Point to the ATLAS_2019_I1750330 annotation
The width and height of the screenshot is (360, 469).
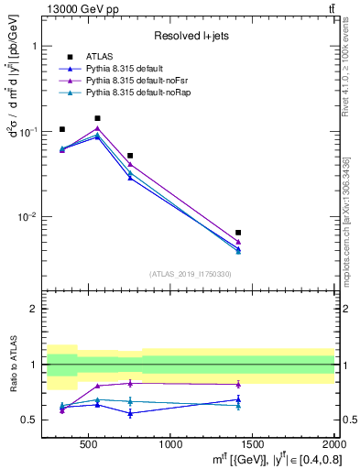click(x=191, y=274)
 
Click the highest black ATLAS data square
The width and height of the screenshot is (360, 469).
click(x=98, y=118)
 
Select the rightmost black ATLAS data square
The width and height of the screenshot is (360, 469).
click(x=238, y=233)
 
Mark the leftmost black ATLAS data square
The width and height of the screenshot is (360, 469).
click(x=62, y=129)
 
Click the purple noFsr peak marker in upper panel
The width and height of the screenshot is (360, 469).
click(x=98, y=128)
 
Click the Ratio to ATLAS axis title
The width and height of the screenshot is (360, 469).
click(x=13, y=364)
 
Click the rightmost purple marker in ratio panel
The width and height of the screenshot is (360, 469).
click(x=238, y=384)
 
